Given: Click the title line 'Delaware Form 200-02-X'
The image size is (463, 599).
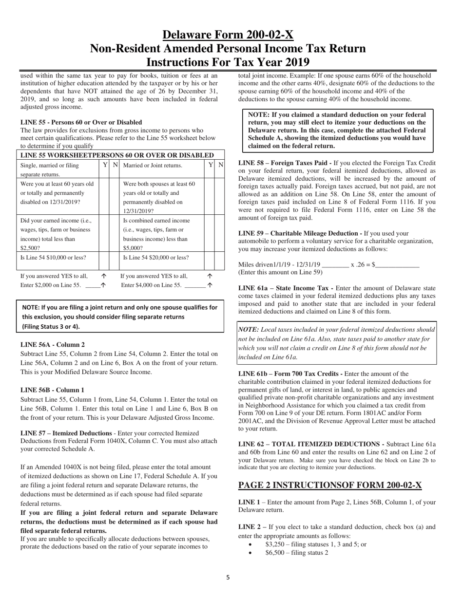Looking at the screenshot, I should (x=228, y=35).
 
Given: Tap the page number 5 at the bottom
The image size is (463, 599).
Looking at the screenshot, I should (x=228, y=578).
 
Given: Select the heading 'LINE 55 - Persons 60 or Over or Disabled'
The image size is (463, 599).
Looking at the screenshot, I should (x=81, y=122).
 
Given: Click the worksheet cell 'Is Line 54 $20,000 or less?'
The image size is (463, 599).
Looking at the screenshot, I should (x=156, y=258).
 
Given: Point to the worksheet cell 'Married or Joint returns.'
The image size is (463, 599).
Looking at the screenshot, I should (x=153, y=166).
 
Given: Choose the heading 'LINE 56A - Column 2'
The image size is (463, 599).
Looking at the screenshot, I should (x=52, y=344).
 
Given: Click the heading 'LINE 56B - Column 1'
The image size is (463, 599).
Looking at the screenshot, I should (x=52, y=390).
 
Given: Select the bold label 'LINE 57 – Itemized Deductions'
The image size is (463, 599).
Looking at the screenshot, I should (x=66, y=433).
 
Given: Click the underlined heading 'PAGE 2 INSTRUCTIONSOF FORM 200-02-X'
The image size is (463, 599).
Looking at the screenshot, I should (x=329, y=485).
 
